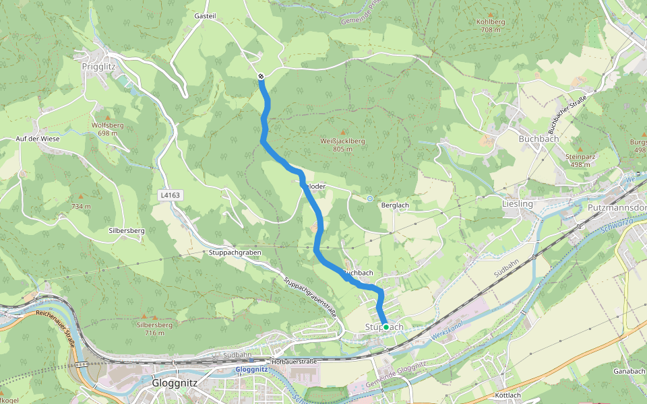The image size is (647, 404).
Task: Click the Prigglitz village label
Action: pos(99,67)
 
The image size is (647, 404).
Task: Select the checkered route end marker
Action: pos(261,77)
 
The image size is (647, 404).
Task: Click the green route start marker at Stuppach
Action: pos(386,327)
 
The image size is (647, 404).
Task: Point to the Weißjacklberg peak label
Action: pos(342,141)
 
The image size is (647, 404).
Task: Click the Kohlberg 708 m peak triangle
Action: pos(490,14)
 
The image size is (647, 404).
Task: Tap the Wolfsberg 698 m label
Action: pos(108,129)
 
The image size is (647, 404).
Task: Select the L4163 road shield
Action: pos(171,195)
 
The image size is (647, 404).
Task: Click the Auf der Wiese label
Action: pos(38,139)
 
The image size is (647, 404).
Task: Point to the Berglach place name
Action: pos(396,205)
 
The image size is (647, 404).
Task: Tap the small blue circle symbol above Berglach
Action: pos(370,199)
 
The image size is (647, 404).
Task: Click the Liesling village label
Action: pos(518,203)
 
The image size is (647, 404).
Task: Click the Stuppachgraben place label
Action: pos(235,252)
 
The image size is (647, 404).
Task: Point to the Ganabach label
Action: pos(629,371)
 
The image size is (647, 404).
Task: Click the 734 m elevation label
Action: pos(81,206)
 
